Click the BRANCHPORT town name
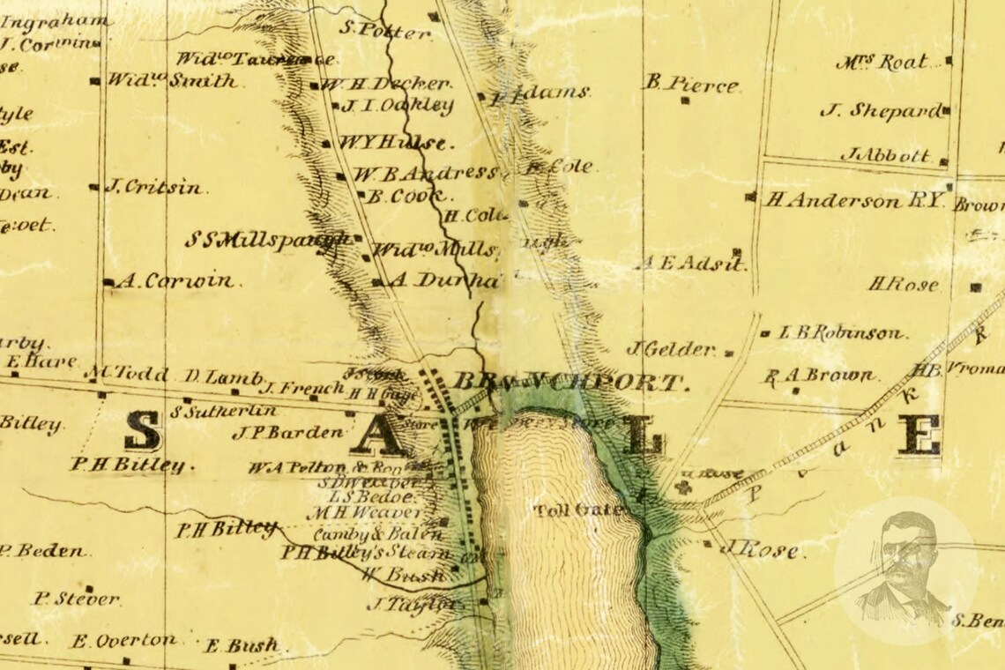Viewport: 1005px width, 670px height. [x=568, y=383]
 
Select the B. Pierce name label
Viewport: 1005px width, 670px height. [x=690, y=85]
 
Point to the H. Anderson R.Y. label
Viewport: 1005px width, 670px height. [x=853, y=201]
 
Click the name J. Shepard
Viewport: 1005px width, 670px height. [x=880, y=111]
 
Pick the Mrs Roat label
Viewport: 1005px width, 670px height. [x=882, y=63]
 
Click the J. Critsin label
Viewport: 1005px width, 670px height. [x=153, y=187]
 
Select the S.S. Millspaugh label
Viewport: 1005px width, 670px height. [x=268, y=240]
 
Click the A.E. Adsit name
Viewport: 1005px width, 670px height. [x=690, y=263]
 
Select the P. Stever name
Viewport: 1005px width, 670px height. [x=77, y=599]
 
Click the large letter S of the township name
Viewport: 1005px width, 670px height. [x=142, y=432]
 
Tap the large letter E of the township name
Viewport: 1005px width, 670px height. [x=919, y=435]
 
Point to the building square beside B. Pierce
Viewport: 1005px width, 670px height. [x=685, y=100]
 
